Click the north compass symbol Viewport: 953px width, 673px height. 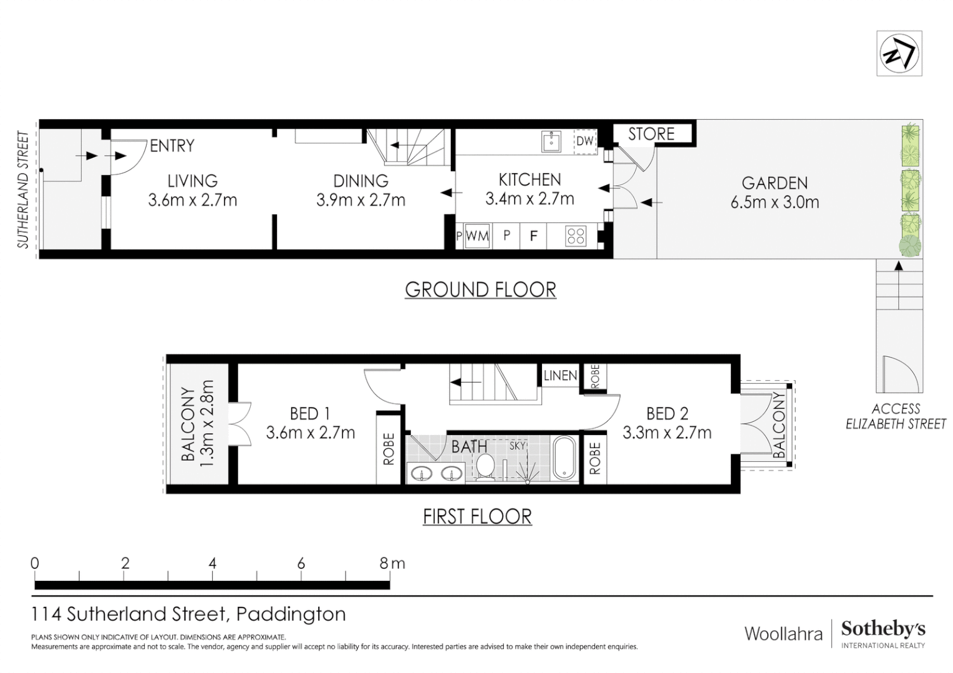899,54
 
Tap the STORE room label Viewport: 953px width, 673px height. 651,135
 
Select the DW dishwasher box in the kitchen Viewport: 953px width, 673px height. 585,141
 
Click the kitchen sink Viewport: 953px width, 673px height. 551,141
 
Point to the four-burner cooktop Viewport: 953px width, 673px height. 576,236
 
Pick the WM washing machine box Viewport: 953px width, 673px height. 477,236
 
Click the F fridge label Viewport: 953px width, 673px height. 533,236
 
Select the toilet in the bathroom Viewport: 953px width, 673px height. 485,467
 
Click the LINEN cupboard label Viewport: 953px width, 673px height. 560,375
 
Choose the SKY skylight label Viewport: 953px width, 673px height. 517,446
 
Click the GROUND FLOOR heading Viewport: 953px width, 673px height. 480,290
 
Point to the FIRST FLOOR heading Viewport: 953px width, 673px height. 477,517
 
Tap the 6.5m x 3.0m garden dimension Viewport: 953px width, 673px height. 775,203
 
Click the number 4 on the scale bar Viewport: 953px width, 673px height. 212,564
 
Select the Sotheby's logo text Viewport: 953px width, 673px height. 883,629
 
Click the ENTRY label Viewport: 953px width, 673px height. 172,146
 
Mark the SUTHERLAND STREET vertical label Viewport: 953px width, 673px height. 23,189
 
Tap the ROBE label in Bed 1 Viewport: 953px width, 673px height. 389,449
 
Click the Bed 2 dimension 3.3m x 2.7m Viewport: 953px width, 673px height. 667,433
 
